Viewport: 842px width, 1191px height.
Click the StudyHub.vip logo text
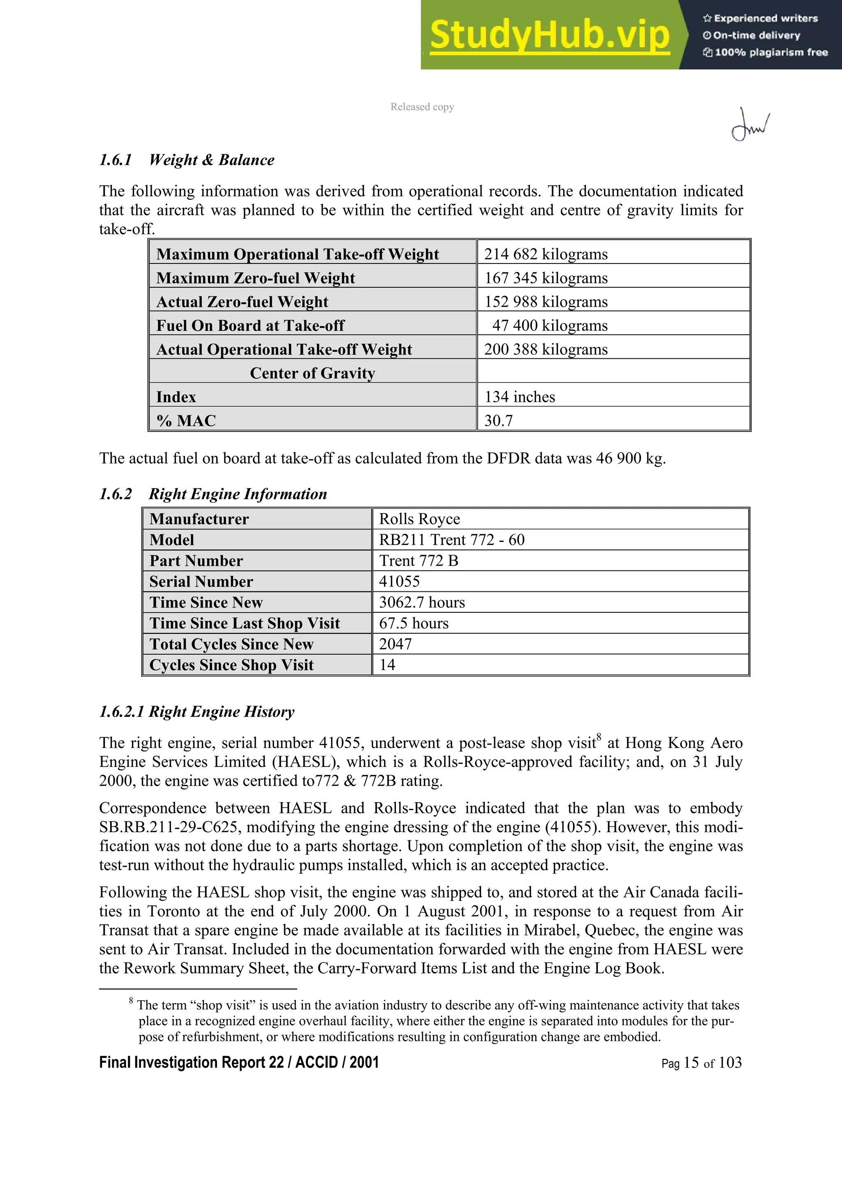[x=549, y=35]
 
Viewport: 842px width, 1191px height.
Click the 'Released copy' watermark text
[x=422, y=107]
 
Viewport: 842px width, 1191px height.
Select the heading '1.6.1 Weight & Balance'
[x=187, y=160]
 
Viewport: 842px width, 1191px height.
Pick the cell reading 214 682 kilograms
[x=545, y=254]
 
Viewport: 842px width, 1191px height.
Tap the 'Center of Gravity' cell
[x=312, y=374]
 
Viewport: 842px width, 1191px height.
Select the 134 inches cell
[x=519, y=397]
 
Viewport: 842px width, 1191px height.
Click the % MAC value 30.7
[x=498, y=421]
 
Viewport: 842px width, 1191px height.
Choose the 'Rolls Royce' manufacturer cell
[x=419, y=519]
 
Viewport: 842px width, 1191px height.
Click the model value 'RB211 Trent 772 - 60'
[x=451, y=540]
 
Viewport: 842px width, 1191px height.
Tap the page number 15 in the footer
[x=691, y=1063]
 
